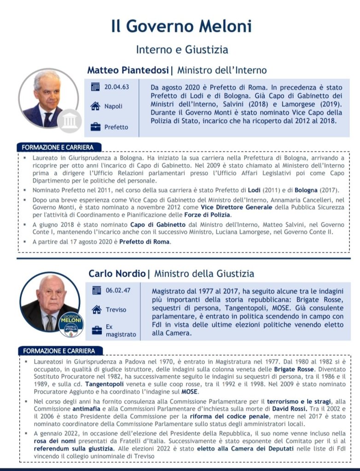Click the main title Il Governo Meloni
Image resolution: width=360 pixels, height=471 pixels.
181,26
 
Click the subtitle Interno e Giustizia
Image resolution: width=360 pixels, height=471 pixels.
182,49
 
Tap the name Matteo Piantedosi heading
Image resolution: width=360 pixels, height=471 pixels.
128,70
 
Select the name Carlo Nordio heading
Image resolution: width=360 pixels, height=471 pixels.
117,274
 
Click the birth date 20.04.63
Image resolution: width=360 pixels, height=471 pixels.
116,87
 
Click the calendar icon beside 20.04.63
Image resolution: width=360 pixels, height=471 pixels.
95,87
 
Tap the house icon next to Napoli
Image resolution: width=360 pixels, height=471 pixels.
95,106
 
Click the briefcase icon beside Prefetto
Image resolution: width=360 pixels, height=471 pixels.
95,127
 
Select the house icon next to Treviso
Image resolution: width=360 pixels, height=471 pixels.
96,309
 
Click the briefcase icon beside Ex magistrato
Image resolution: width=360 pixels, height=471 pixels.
96,330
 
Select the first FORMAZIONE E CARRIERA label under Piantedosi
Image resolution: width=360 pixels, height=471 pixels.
58,147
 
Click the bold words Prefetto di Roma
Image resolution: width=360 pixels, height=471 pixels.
145,242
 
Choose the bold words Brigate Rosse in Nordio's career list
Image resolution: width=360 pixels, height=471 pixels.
294,369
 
